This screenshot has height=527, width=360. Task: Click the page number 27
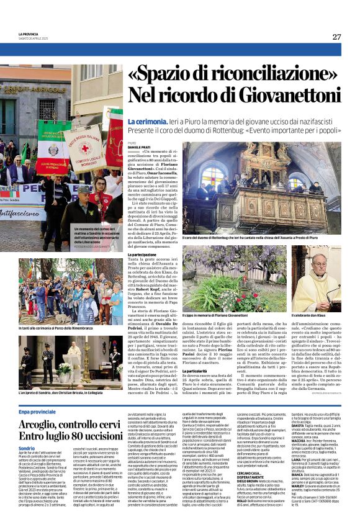coord(336,37)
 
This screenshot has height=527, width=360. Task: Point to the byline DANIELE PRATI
coord(137,147)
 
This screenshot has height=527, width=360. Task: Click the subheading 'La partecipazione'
coord(142,254)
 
